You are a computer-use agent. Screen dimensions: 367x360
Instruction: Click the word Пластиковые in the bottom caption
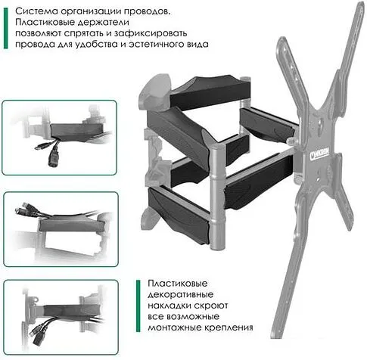tap(178, 284)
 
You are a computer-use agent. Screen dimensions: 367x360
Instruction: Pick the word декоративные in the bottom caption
tap(181, 295)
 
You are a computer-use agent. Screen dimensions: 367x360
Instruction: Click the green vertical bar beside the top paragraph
tap(5, 28)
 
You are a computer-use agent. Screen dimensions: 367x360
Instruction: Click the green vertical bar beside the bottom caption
tap(138, 306)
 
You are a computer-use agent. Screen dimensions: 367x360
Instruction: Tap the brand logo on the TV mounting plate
tap(319, 154)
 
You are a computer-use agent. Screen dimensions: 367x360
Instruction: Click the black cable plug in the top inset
tap(53, 157)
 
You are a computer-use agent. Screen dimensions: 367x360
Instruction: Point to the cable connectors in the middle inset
tap(23, 208)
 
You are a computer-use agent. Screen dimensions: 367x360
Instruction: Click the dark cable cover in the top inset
tap(77, 132)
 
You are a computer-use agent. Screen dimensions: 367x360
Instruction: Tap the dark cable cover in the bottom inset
tap(72, 311)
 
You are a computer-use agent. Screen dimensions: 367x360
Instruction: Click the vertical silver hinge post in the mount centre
tap(216, 196)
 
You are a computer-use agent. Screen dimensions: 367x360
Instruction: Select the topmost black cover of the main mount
tap(210, 92)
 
